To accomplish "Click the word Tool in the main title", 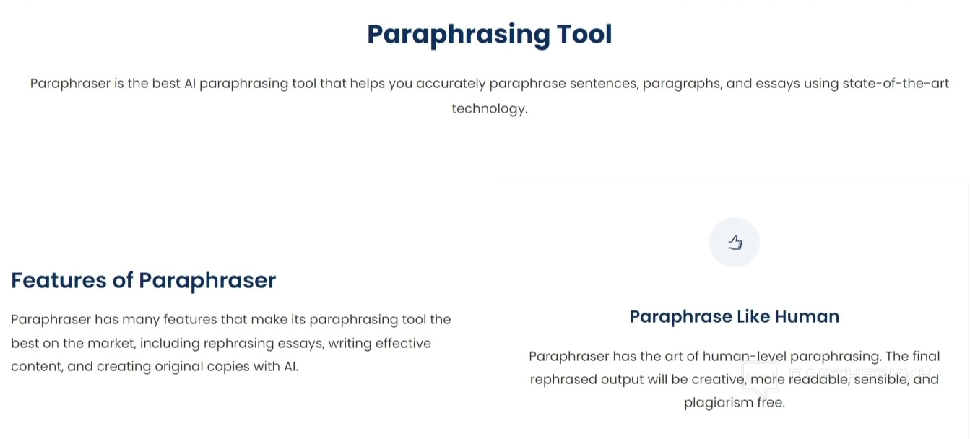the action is click(x=584, y=34).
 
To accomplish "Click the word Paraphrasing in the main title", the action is click(x=459, y=35).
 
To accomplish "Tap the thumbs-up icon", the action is click(x=735, y=243).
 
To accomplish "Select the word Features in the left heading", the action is click(x=59, y=280).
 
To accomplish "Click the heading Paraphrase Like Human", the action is click(x=735, y=316).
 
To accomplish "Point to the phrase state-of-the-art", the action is click(x=896, y=83).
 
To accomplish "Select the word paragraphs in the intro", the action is click(x=683, y=84).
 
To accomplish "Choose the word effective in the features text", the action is click(x=403, y=343).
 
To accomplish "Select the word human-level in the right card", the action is click(x=745, y=356).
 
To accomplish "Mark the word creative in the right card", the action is click(x=719, y=379).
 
